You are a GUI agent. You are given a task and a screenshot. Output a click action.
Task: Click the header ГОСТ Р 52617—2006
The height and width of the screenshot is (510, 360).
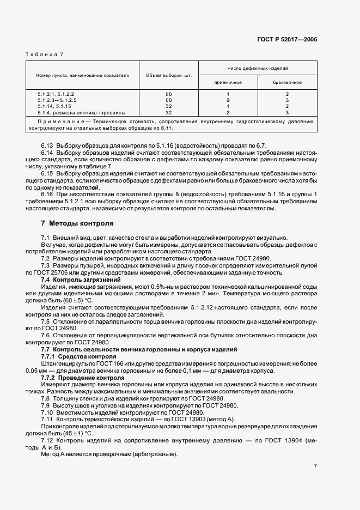287,39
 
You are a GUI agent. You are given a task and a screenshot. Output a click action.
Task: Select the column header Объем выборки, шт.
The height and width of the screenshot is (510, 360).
168,75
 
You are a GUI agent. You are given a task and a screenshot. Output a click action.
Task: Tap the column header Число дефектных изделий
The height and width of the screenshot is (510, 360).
257,68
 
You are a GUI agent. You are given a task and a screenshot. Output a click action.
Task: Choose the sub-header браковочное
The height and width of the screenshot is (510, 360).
287,82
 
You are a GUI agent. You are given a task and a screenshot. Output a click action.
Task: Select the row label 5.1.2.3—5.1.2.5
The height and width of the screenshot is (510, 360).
58,100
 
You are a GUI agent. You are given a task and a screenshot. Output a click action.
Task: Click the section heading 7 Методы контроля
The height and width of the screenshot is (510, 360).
77,223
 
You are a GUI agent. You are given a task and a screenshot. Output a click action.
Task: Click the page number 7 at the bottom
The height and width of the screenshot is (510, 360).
315,466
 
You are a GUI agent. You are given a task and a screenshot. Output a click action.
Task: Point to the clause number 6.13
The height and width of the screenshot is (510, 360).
47,146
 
